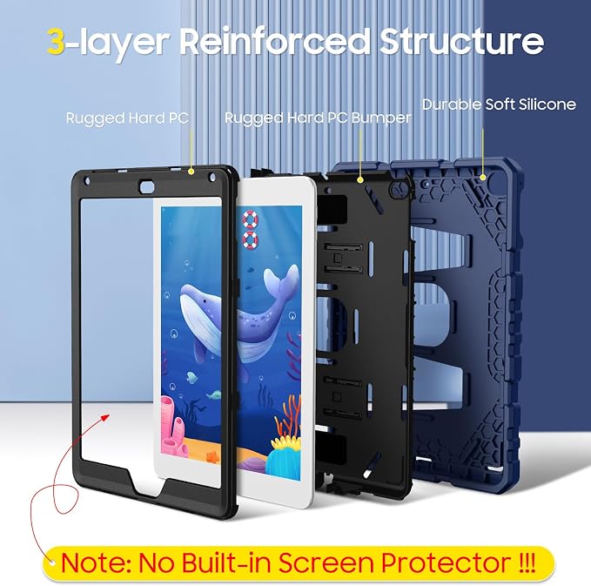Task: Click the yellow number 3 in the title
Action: point(56,41)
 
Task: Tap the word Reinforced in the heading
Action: point(275,41)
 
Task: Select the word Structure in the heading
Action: point(461,41)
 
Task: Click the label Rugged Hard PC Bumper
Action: point(318,118)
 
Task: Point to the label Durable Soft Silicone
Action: point(499,104)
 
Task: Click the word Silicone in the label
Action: point(547,104)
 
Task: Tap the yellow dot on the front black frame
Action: point(191,172)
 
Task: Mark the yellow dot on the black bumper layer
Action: point(360,180)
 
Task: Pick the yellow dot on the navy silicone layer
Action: point(482,178)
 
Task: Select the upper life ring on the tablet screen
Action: point(251,219)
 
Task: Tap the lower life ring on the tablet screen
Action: point(251,240)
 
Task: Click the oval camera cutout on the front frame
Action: point(147,186)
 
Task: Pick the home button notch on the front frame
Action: point(149,486)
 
